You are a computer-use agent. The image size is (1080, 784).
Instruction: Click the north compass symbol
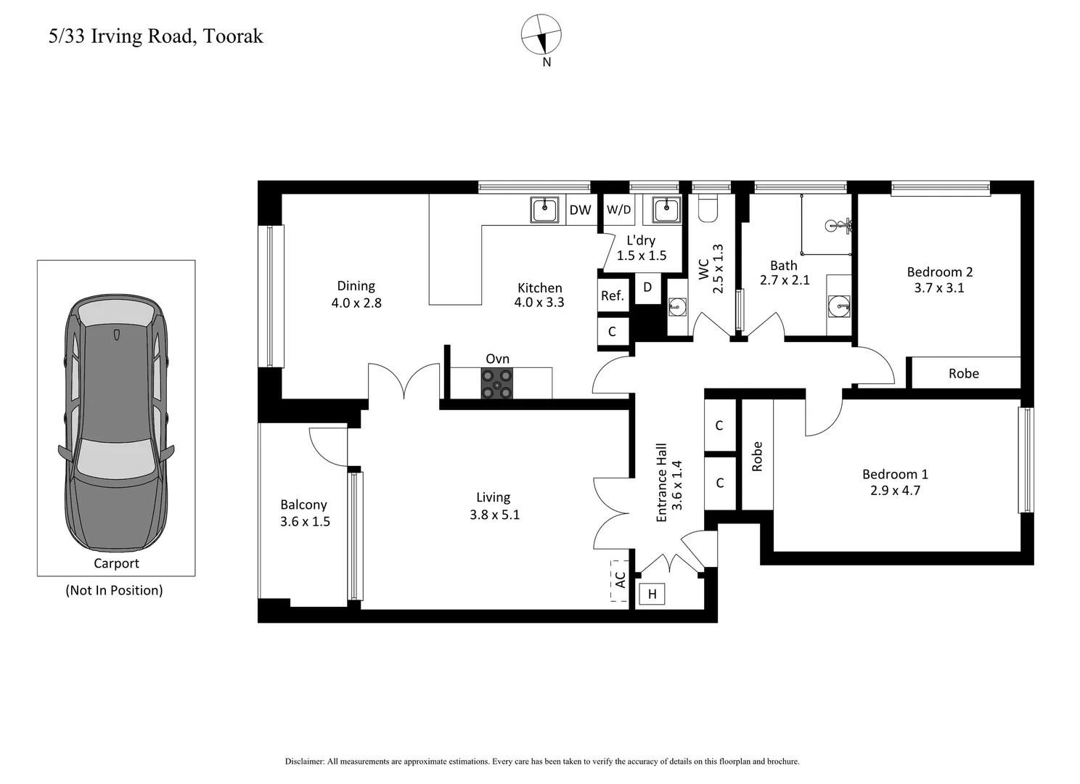(541, 35)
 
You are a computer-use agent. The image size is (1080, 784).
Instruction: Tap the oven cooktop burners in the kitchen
(496, 383)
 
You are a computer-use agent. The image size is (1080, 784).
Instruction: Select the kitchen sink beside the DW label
(544, 210)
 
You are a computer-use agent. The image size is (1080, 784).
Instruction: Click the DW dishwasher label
(580, 210)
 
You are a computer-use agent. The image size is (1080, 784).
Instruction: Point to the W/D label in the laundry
(618, 210)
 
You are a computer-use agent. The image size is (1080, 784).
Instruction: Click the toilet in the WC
(707, 208)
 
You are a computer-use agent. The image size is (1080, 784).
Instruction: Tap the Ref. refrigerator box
(612, 295)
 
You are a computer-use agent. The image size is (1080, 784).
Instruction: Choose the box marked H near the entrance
(652, 595)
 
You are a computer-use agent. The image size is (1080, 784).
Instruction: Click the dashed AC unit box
(619, 580)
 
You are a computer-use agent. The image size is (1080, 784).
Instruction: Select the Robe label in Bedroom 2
(963, 373)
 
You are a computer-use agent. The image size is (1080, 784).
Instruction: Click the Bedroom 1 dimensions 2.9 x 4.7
(895, 490)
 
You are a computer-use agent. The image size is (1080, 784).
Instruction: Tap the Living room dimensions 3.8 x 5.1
(494, 515)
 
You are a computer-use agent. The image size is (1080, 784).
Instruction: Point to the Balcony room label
(303, 505)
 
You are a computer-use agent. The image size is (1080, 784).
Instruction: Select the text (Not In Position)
(114, 590)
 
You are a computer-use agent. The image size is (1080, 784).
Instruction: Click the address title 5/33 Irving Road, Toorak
(155, 36)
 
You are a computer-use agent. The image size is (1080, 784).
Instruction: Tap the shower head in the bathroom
(842, 225)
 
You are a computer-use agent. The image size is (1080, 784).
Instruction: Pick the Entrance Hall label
(661, 483)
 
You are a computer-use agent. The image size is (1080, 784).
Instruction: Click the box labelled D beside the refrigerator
(647, 287)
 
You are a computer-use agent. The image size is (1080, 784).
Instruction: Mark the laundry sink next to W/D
(666, 210)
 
